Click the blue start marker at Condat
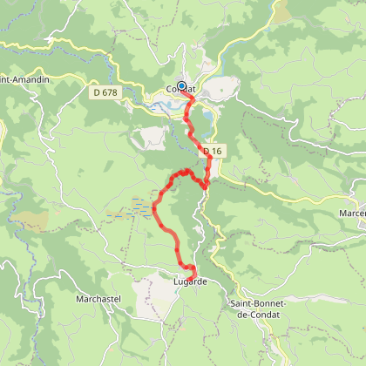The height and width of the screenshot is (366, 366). [181, 86]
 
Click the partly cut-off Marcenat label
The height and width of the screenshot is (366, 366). [352, 213]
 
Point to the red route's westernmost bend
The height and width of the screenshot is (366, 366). [154, 207]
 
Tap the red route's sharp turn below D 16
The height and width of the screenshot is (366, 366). [205, 185]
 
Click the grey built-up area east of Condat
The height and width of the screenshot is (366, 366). [222, 87]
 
